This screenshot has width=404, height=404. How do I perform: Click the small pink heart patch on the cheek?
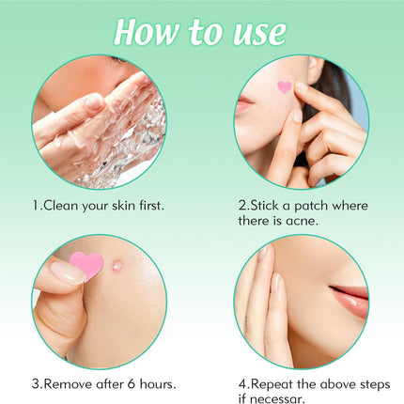pos(285,87)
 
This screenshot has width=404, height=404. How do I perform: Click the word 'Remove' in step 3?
pos(76,383)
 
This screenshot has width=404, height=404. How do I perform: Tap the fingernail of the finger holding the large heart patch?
pos(65,273)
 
